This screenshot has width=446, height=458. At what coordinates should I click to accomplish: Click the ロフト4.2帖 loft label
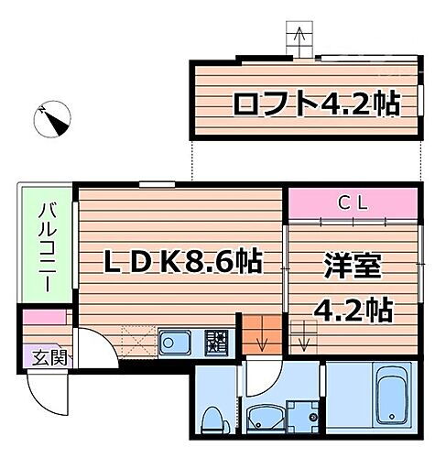click(x=315, y=104)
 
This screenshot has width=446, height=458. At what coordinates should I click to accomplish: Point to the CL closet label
click(x=354, y=202)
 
